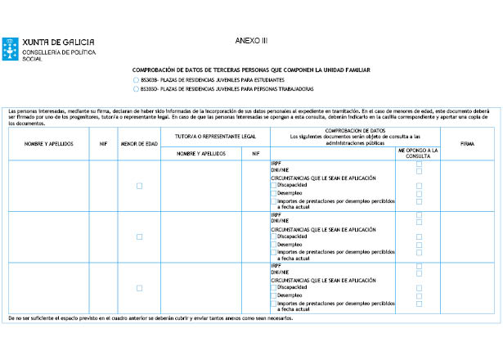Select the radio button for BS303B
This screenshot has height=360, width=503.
(136, 80)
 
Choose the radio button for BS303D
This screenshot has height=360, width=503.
(136, 88)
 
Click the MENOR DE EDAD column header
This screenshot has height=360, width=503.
(139, 143)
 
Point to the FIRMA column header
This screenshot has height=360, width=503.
(467, 143)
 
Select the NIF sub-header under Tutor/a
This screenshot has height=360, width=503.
(255, 153)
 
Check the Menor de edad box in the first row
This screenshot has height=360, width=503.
(139, 186)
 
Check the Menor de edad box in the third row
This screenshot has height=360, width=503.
(139, 287)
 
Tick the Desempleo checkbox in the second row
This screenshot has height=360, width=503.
(273, 244)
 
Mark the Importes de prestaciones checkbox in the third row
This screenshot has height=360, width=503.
(273, 303)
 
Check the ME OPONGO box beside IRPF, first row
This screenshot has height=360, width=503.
(419, 164)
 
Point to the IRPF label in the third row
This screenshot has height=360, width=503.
(276, 265)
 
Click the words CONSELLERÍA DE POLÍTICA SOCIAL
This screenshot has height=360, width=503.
(57, 54)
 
